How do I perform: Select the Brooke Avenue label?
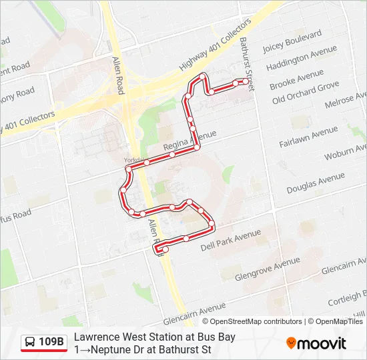point(296,79)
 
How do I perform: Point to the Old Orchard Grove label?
point(306,93)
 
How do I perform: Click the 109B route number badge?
point(52,343)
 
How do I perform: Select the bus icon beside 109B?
point(30,343)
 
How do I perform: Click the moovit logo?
point(316,343)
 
